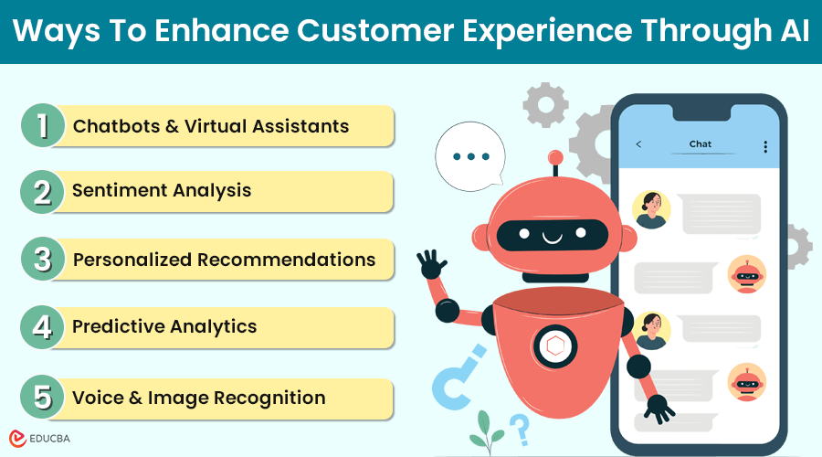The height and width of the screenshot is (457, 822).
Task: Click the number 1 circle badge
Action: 43,125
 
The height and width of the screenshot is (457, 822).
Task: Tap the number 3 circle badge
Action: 43,259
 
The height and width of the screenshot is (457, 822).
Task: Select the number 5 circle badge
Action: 42,398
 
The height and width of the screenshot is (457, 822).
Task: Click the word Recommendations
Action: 286,260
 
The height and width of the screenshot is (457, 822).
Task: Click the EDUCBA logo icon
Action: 17,439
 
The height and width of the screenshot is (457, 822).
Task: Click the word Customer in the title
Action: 375,30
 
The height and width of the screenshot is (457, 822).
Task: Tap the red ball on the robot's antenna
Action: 555,157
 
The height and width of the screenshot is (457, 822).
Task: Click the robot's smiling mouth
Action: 552,239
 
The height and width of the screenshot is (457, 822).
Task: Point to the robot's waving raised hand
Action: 431,264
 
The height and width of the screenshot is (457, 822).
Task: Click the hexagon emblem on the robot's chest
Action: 555,346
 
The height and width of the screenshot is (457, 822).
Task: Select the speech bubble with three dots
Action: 470,156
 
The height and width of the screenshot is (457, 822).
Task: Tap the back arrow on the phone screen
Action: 638,143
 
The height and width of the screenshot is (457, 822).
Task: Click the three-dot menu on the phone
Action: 765,147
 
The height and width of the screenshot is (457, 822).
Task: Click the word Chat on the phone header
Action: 701,143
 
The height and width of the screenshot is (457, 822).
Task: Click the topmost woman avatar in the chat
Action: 651,209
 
